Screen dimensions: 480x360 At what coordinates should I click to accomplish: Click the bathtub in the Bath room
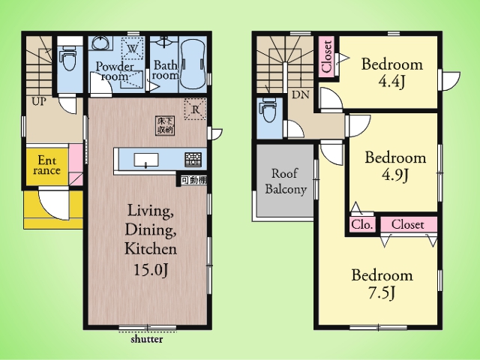click(193, 64)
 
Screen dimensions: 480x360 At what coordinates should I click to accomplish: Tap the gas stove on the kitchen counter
click(193, 160)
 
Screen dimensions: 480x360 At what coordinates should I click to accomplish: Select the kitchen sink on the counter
click(146, 160)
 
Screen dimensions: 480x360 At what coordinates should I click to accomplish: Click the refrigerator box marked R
click(195, 109)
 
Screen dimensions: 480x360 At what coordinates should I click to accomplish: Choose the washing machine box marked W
click(133, 48)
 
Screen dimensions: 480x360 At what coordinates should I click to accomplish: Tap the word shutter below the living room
click(147, 339)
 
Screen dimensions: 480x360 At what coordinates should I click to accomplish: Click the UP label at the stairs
click(39, 101)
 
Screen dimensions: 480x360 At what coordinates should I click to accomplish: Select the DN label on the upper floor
click(300, 94)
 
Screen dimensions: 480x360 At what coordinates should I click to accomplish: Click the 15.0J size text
click(151, 270)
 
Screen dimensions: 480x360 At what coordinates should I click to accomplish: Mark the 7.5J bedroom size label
click(382, 292)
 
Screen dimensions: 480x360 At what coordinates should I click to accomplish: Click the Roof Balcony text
click(286, 181)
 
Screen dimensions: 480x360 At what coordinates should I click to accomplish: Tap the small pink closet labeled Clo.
click(362, 225)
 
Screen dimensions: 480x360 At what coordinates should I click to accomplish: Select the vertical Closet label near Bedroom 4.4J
click(327, 56)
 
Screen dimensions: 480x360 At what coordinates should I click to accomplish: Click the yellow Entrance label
click(46, 165)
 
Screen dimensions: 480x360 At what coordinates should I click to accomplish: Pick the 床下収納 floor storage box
click(165, 125)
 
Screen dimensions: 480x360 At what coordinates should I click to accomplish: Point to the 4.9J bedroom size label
click(395, 175)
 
